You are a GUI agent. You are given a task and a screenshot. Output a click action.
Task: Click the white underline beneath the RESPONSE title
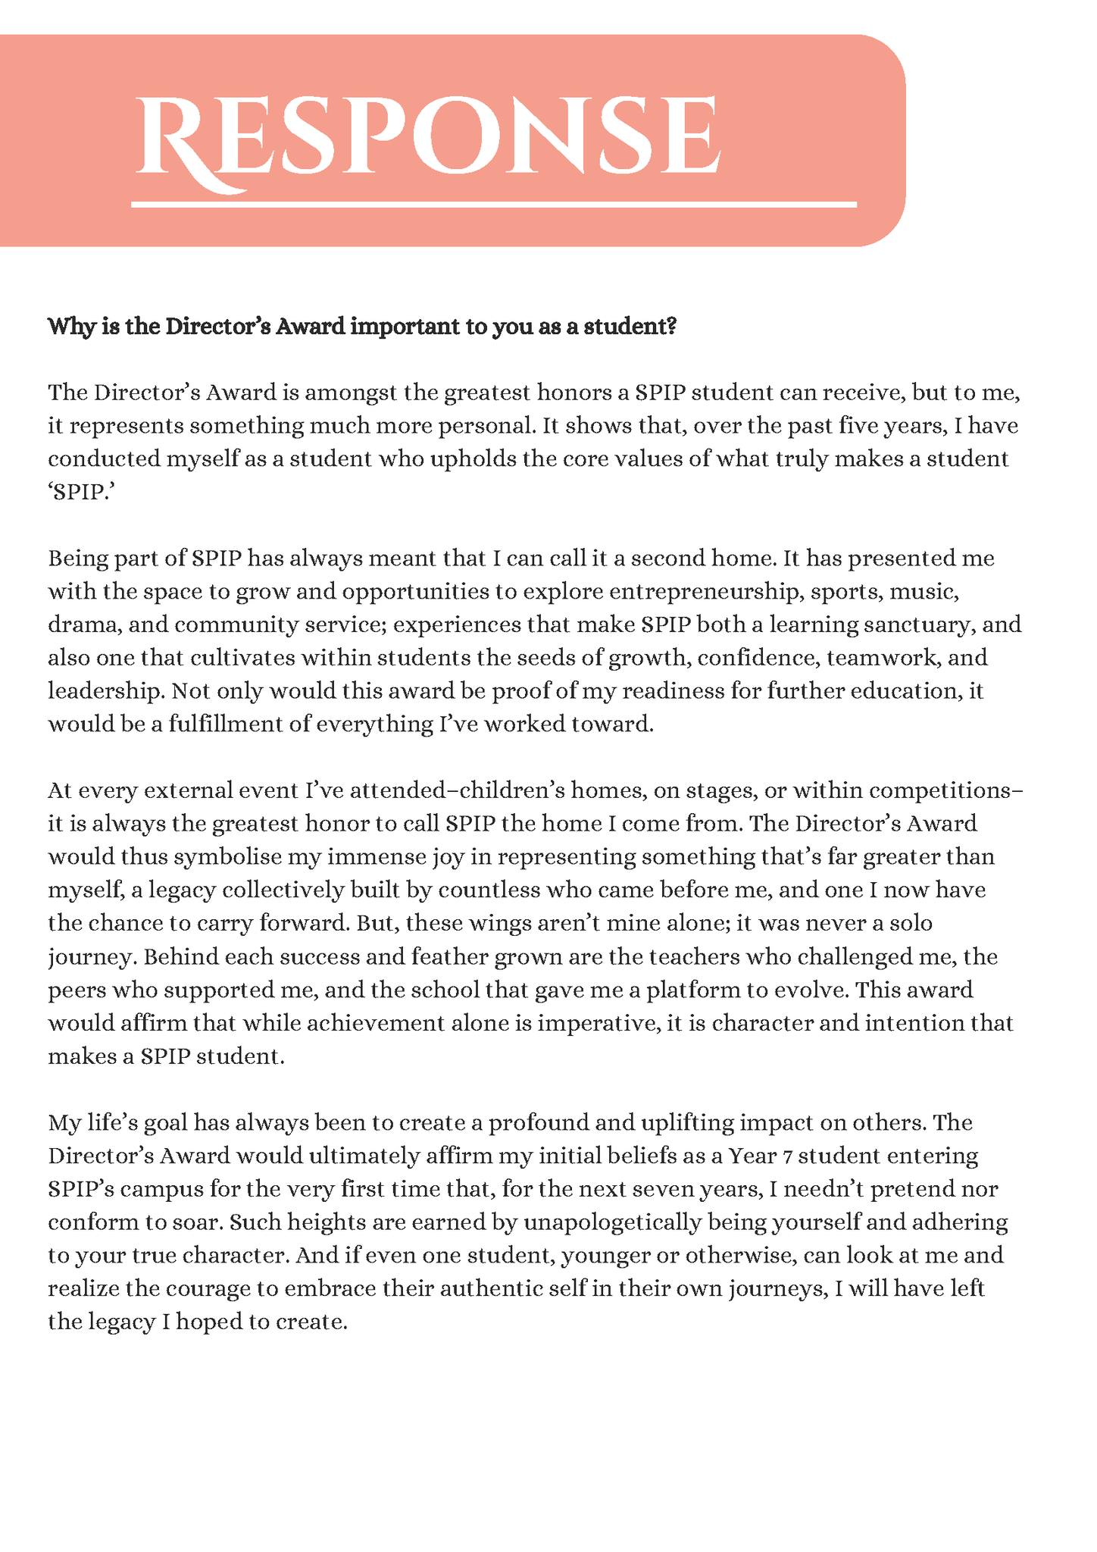493,204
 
